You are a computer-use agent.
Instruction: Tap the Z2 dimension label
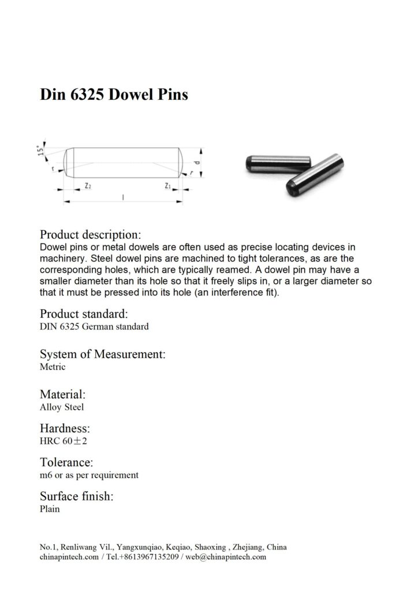tap(87, 186)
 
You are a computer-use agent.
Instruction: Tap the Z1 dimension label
tap(167, 186)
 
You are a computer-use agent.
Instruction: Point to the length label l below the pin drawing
tap(123, 197)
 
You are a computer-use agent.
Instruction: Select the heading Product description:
tap(89, 235)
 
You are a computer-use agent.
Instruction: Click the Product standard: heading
tap(83, 314)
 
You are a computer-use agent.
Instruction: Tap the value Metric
tap(53, 366)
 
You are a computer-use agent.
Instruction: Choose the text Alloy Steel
tap(62, 407)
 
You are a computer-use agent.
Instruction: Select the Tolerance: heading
tap(66, 462)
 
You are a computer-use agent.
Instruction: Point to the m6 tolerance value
tap(46, 475)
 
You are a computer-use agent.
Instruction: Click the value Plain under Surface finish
tap(50, 509)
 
